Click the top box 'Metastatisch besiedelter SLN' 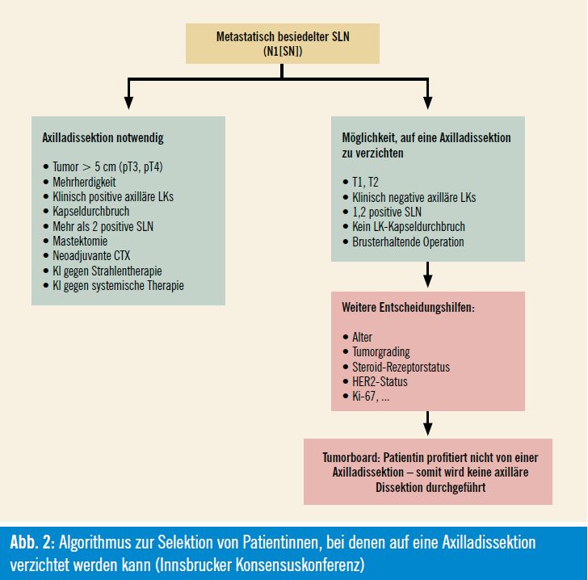(283, 44)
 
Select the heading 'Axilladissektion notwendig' (103, 137)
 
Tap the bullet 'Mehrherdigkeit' (84, 182)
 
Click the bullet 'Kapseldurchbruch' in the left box (90, 211)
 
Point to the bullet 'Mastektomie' (80, 241)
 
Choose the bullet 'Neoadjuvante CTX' (91, 255)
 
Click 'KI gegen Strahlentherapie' (107, 271)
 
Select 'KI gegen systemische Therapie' (118, 285)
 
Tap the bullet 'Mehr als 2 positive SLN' (103, 226)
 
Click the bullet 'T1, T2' (365, 182)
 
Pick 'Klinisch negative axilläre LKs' (414, 197)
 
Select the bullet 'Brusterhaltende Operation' (408, 242)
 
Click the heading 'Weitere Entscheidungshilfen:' (409, 308)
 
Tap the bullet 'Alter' (362, 337)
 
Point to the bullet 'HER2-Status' (380, 381)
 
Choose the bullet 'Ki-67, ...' (371, 396)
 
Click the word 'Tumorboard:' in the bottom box (351, 458)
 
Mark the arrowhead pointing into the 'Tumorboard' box (427, 429)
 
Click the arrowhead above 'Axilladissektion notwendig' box (128, 103)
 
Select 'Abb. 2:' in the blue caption (32, 542)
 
